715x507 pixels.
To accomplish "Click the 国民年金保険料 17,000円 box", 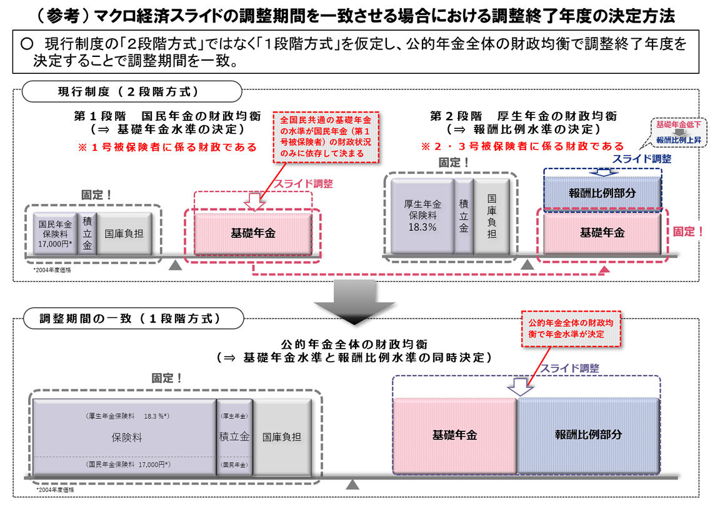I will [x=55, y=233].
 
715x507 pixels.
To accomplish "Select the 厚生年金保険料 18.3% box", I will [x=422, y=216].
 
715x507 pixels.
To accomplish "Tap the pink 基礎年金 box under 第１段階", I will [x=253, y=233].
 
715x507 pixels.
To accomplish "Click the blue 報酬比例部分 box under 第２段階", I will [x=602, y=193].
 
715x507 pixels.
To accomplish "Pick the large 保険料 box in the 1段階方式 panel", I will [x=124, y=437].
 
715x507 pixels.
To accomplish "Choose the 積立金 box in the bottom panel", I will [x=234, y=437].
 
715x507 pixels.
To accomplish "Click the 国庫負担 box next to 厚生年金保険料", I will [x=492, y=216].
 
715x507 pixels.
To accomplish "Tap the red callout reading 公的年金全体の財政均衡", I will [x=571, y=329].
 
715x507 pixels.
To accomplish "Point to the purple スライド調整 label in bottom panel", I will [x=569, y=368].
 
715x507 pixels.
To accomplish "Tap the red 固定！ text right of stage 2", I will [x=687, y=232].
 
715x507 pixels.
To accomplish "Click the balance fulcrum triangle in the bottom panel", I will [x=353, y=485].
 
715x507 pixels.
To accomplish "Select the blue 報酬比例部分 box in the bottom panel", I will [x=587, y=435].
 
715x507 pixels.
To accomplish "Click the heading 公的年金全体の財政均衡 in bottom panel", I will [x=354, y=344].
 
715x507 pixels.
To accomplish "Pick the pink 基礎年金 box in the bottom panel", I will [x=455, y=435].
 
